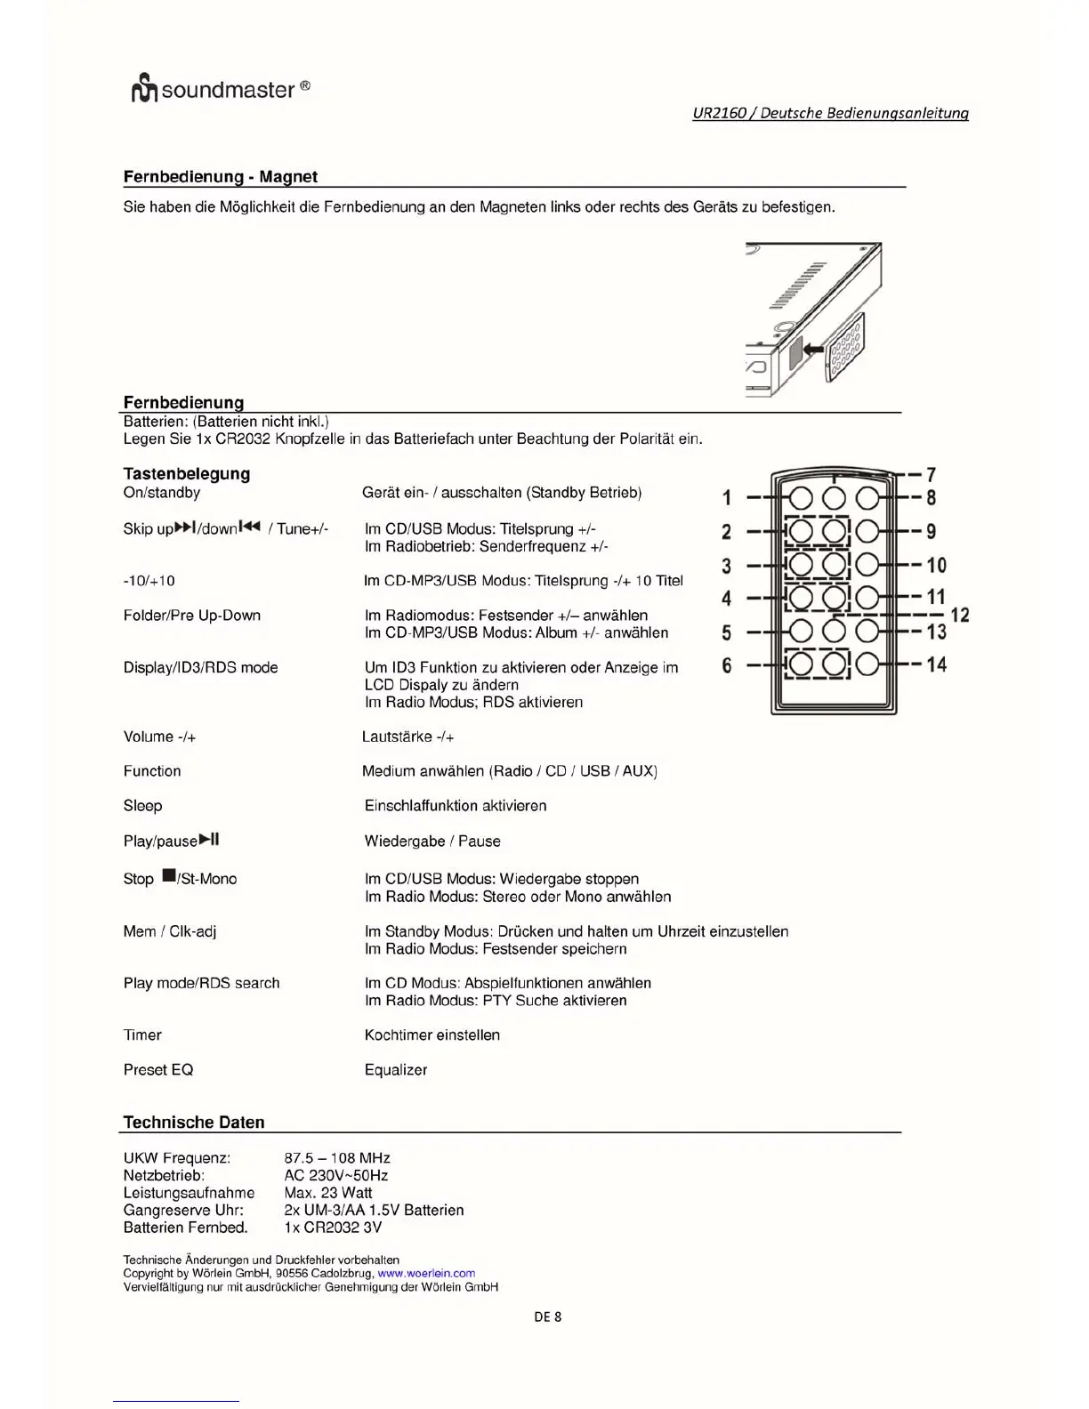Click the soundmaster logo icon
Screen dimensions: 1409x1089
point(144,91)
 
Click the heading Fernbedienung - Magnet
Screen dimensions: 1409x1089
point(220,177)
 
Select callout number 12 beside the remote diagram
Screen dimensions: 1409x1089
point(959,615)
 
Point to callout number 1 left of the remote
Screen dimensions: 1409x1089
point(727,498)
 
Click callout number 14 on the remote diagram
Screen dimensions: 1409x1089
point(936,664)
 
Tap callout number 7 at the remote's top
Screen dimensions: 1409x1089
point(931,475)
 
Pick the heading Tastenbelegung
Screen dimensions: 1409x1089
point(186,474)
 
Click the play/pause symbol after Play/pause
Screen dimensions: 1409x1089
point(209,839)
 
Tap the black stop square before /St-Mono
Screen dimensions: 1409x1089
point(168,877)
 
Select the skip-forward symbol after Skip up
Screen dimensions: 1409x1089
point(185,527)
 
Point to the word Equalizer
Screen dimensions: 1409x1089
point(396,1070)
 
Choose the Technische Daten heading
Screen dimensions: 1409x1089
point(193,1123)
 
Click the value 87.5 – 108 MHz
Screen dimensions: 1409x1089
point(336,1158)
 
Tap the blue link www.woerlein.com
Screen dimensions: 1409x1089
point(426,1274)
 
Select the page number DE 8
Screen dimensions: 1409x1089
point(547,1317)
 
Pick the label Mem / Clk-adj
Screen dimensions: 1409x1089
point(169,931)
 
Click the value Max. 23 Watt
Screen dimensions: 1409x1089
point(327,1193)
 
